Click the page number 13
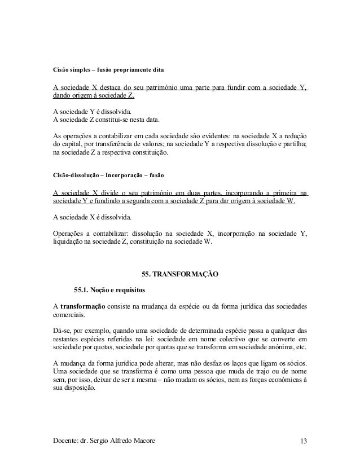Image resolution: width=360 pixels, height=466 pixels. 304,440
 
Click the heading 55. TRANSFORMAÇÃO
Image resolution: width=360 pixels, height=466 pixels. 179,275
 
